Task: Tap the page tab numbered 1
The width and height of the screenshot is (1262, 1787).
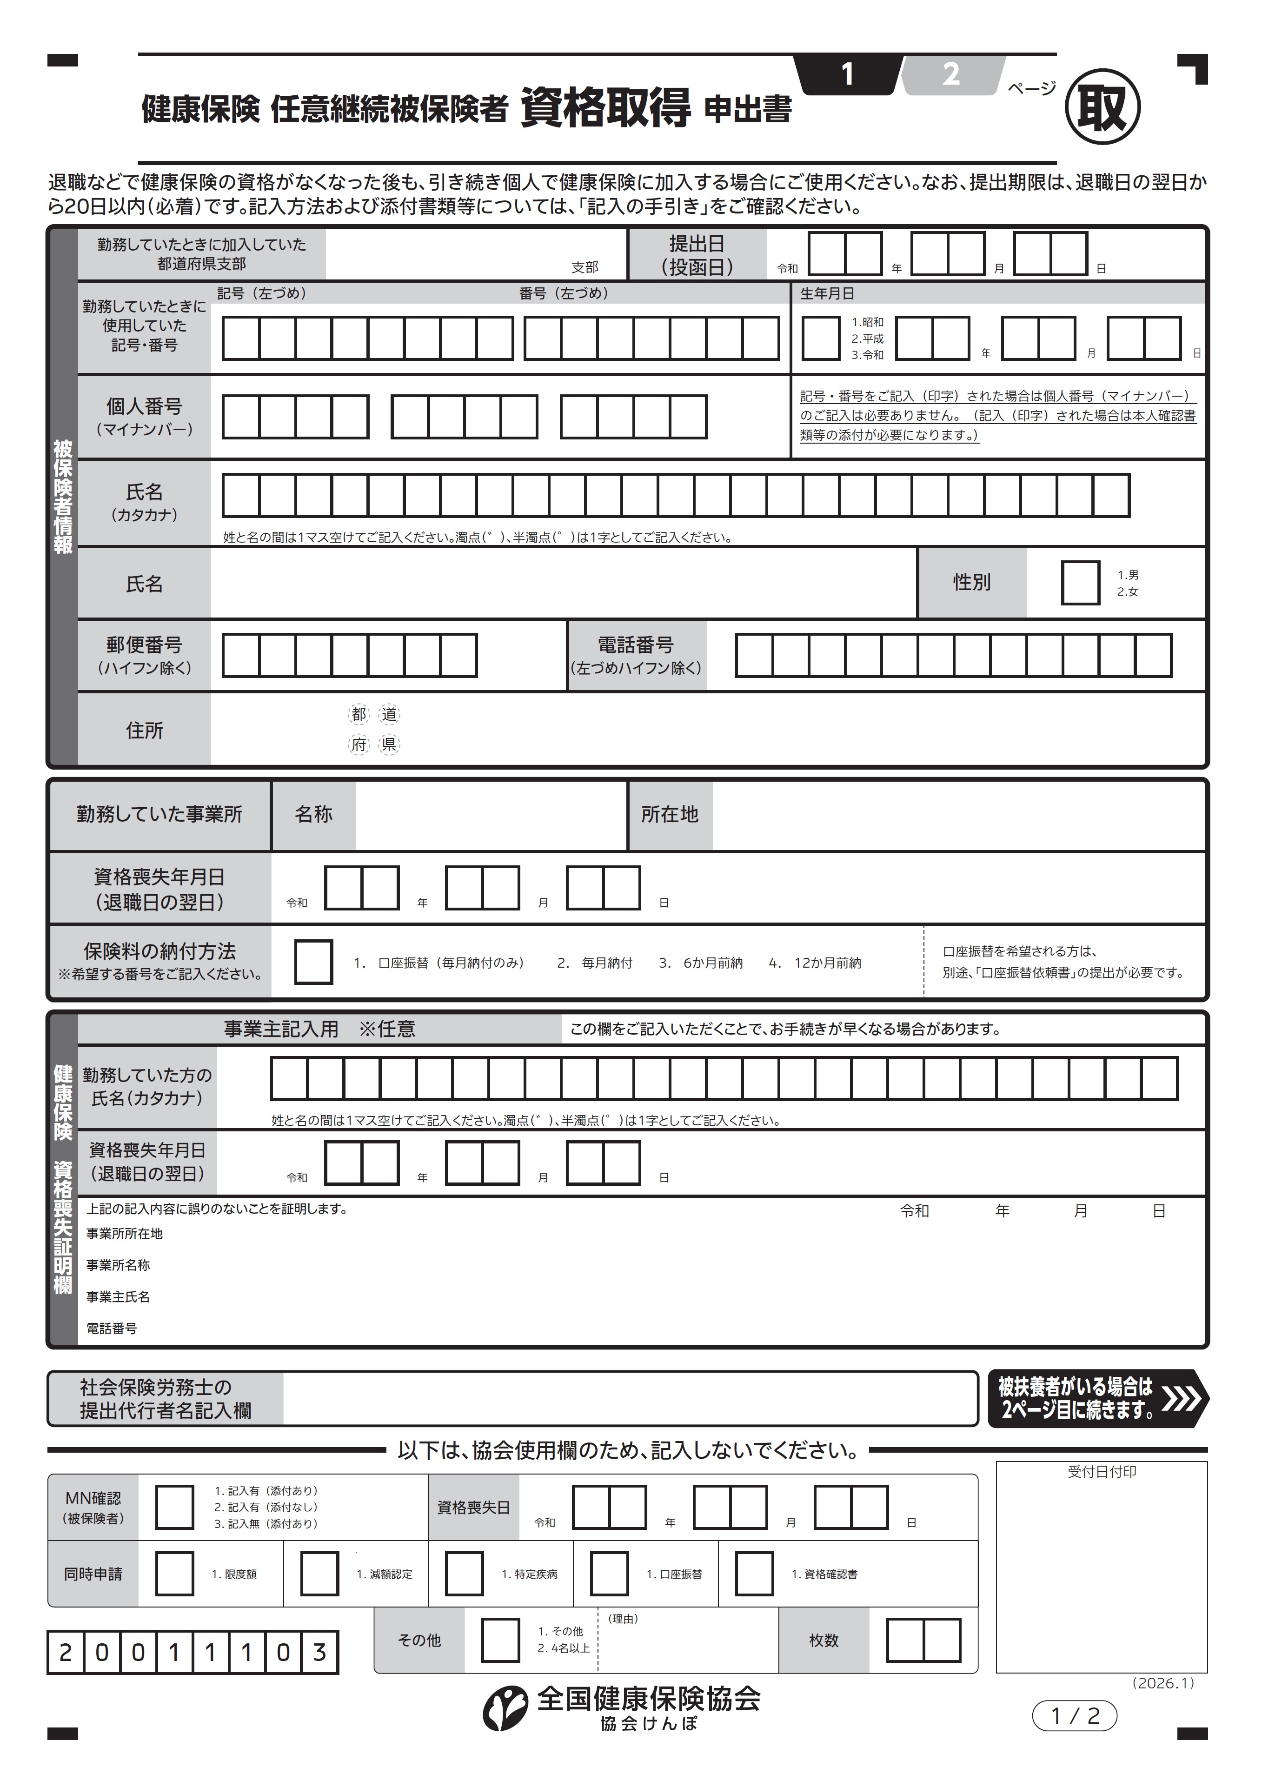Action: [848, 75]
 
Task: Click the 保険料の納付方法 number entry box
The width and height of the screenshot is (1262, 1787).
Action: [314, 962]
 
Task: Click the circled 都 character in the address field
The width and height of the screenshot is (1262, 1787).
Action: [359, 714]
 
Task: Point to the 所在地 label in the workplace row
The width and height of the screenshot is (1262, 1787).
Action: [670, 814]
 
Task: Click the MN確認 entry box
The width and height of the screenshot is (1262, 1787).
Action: [174, 1507]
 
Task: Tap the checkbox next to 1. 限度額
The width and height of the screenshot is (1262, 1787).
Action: [174, 1574]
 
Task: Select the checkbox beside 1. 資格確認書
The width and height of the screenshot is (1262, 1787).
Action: [754, 1574]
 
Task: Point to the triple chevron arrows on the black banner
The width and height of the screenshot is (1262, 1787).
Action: [1181, 1399]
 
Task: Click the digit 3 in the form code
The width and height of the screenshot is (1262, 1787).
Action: [319, 1652]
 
